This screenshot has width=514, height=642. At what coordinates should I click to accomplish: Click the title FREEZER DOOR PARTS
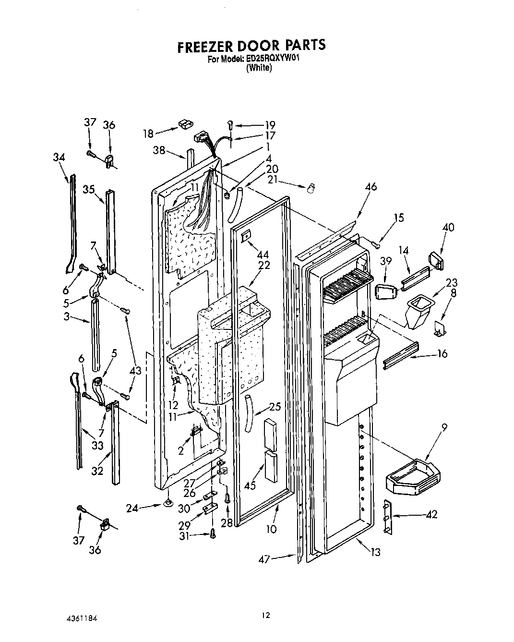(251, 45)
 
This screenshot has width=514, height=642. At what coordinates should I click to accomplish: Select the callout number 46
(371, 187)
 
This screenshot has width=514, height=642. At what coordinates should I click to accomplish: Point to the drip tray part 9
(413, 478)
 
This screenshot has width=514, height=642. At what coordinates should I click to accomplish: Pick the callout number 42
(432, 514)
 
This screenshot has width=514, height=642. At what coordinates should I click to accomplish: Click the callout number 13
(375, 552)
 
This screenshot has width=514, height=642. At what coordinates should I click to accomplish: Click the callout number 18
(148, 133)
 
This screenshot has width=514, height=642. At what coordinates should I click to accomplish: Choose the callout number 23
(451, 282)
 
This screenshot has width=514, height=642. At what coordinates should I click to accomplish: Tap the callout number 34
(59, 157)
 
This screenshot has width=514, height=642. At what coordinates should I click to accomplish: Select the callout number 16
(442, 354)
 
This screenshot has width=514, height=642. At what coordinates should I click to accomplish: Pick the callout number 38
(159, 150)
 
